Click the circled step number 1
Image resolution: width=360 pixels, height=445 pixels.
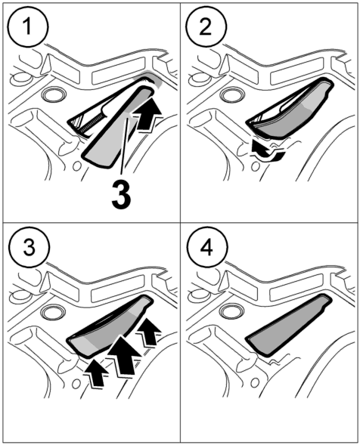pos(28,27)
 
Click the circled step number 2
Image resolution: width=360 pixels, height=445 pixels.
pos(206,27)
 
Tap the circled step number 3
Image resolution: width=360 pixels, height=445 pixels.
pos(29,247)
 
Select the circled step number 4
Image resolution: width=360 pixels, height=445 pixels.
pos(207,247)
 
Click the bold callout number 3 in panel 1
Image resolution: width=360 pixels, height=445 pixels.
pos(121,195)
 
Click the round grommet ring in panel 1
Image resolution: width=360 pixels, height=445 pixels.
pos(53,95)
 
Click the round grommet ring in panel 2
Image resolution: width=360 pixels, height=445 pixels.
pos(232,94)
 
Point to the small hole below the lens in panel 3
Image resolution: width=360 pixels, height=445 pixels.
pos(76,384)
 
